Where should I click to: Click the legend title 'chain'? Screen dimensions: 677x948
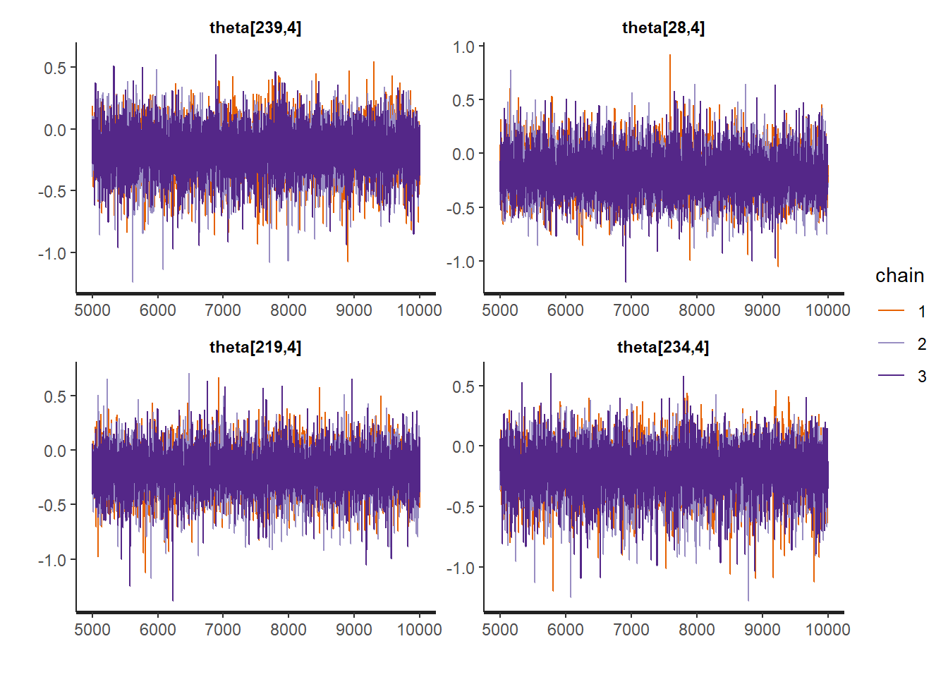(899, 276)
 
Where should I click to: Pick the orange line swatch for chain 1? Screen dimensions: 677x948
(891, 311)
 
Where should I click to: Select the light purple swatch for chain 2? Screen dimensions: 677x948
(891, 343)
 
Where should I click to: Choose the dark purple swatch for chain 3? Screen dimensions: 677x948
(891, 376)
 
